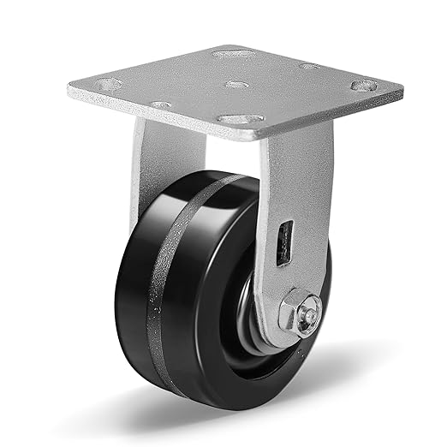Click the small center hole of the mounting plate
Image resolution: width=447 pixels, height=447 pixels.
tap(233, 84)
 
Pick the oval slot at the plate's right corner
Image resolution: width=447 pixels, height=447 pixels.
tap(363, 86)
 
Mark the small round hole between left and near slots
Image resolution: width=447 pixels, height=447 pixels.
tap(160, 104)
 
